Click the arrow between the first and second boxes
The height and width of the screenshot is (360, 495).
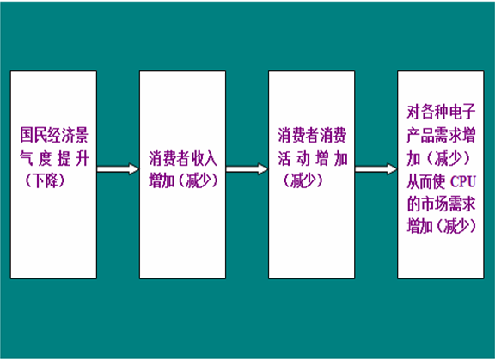click(x=118, y=168)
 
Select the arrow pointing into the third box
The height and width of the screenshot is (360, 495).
click(x=247, y=168)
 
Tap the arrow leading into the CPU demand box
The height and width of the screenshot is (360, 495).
click(x=376, y=168)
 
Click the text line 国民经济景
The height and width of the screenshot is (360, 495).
click(x=54, y=135)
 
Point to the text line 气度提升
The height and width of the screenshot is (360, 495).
click(x=54, y=158)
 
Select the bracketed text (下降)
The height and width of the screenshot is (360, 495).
click(x=45, y=180)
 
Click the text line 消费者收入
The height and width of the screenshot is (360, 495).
click(x=183, y=158)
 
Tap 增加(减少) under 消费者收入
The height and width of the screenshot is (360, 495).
click(x=183, y=180)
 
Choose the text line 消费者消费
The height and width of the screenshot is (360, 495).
click(x=312, y=135)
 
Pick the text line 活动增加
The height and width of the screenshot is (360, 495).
click(x=313, y=158)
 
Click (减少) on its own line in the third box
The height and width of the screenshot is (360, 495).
click(x=303, y=180)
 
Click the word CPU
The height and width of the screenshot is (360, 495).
click(x=463, y=181)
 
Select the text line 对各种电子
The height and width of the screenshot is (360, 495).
click(x=441, y=112)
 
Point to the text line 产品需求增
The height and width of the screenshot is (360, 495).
click(x=441, y=135)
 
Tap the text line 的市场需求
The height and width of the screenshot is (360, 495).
click(x=441, y=204)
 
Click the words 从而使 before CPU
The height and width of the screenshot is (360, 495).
click(x=426, y=181)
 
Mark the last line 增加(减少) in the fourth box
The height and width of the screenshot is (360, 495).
click(x=442, y=227)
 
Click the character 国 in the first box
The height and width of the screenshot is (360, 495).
click(x=27, y=135)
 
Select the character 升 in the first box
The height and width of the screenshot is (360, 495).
click(x=82, y=158)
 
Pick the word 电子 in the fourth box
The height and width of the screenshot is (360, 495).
click(x=461, y=112)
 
